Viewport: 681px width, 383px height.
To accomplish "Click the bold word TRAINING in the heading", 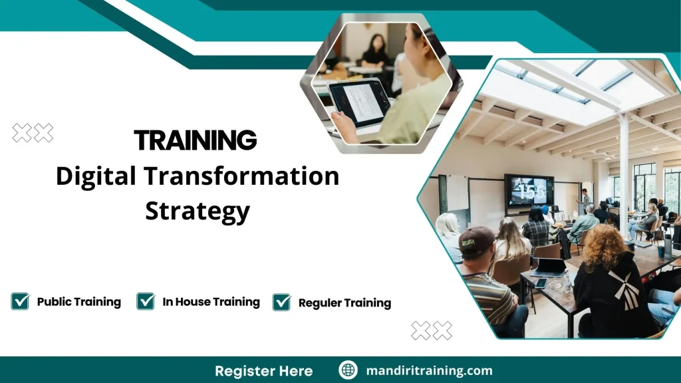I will pyautogui.click(x=195, y=140).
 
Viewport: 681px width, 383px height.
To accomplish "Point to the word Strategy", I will pyautogui.click(x=198, y=211).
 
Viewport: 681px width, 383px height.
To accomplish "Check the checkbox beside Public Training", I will pyautogui.click(x=20, y=301).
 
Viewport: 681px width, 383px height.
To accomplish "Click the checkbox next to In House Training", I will pyautogui.click(x=146, y=301).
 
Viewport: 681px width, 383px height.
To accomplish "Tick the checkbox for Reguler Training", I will pyautogui.click(x=282, y=303).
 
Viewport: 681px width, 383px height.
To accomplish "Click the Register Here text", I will pyautogui.click(x=263, y=370).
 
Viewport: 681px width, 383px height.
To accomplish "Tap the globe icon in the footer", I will pyautogui.click(x=348, y=370).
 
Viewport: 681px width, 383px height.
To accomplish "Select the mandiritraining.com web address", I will pyautogui.click(x=429, y=370).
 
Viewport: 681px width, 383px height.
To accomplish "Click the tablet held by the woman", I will pyautogui.click(x=359, y=102).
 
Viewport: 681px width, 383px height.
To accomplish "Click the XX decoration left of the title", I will pyautogui.click(x=33, y=133).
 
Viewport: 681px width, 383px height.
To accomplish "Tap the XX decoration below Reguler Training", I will pyautogui.click(x=431, y=330).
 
